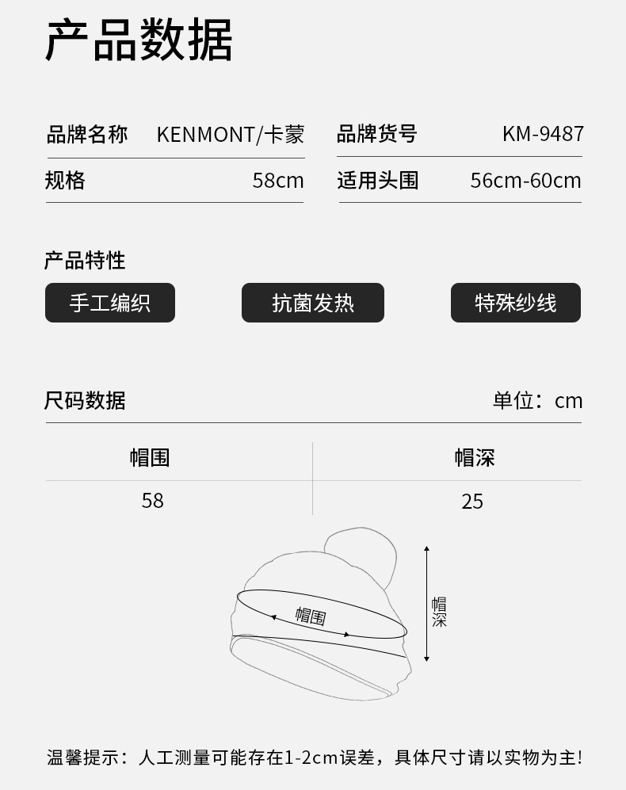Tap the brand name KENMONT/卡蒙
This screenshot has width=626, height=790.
(230, 134)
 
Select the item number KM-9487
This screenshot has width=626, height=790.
(543, 134)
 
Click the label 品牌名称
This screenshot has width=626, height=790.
(86, 134)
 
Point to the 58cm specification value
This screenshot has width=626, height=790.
(278, 181)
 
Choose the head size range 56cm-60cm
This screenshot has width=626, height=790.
(525, 181)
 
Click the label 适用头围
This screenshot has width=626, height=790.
(377, 181)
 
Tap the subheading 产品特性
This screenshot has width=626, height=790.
(85, 260)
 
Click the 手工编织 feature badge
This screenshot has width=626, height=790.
(109, 303)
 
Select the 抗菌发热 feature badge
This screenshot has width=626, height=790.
(313, 303)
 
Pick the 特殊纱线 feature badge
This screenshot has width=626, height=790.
(516, 303)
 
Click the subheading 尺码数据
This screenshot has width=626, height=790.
(85, 400)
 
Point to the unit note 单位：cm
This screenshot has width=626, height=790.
(537, 400)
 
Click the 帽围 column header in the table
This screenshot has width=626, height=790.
(150, 457)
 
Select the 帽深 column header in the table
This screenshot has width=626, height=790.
(474, 457)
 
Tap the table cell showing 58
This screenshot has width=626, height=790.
(152, 501)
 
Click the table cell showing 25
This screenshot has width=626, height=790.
(472, 501)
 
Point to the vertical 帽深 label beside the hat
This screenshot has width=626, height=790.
(439, 612)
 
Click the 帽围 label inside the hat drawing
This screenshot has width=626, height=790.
(311, 616)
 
